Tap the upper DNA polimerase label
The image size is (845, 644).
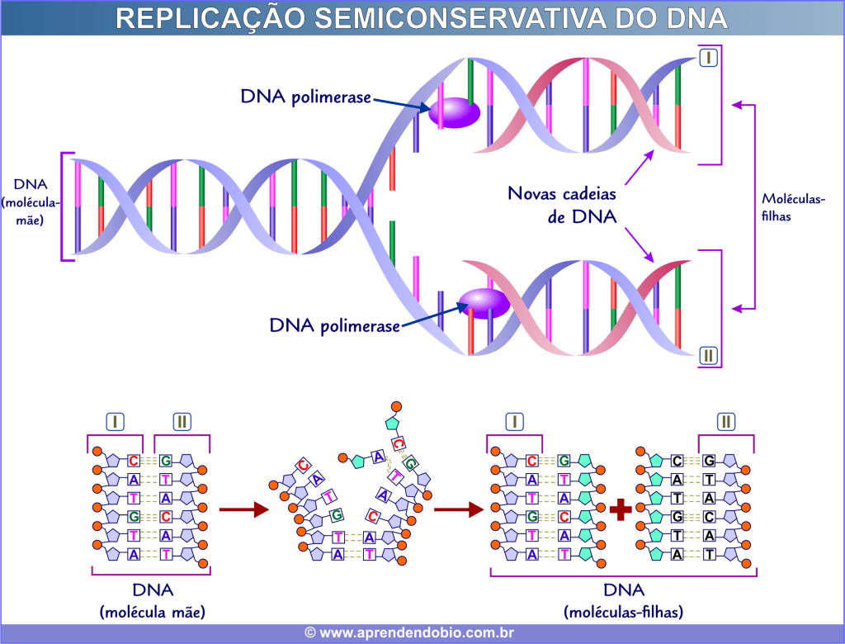(305, 97)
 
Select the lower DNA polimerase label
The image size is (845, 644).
(334, 325)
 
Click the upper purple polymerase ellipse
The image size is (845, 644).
(452, 112)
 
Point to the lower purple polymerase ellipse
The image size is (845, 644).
(484, 302)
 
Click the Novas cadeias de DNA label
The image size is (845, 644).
(561, 205)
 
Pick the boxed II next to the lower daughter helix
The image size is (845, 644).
(708, 357)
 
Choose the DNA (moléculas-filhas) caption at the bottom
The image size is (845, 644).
(623, 601)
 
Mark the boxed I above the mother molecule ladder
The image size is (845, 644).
(115, 421)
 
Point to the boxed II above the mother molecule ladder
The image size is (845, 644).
(182, 421)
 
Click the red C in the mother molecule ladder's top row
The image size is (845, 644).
(135, 461)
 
